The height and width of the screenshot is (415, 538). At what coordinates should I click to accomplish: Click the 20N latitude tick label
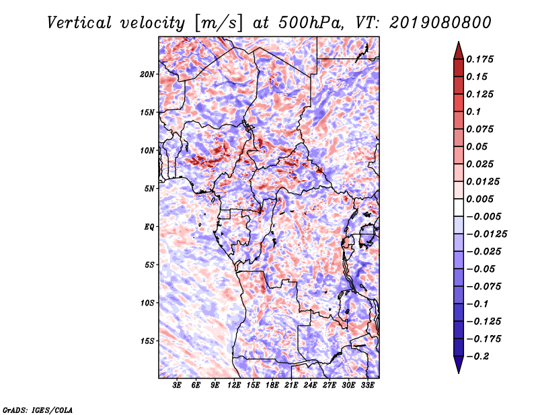coord(147,74)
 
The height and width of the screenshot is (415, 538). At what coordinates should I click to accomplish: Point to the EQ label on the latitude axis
coord(149,227)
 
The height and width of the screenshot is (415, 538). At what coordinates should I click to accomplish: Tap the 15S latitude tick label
coord(147,341)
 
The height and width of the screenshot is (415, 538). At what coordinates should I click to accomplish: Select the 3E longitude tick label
coord(178,386)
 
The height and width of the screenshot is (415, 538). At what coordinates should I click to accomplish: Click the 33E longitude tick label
coord(367,386)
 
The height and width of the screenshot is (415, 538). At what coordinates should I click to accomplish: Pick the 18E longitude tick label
coord(272,386)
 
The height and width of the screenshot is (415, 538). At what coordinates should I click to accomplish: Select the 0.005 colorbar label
coord(482,199)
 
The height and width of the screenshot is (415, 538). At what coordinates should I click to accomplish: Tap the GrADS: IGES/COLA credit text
coord(37,409)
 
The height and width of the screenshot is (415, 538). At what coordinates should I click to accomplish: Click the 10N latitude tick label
coord(147,150)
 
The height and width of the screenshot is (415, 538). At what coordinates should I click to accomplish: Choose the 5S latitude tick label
coord(149,265)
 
